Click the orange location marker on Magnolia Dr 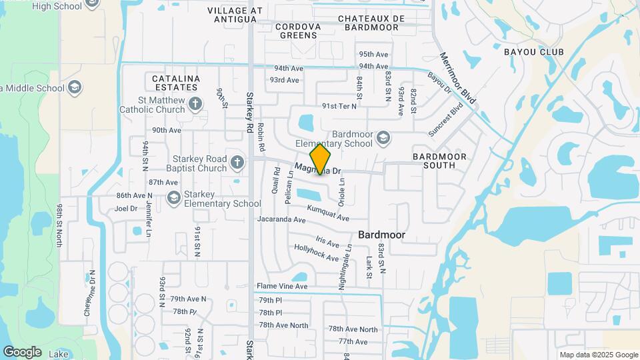pyautogui.click(x=321, y=159)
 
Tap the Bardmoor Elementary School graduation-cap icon pyautogui.click(x=383, y=137)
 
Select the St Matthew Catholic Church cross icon pyautogui.click(x=195, y=103)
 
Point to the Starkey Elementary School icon pyautogui.click(x=174, y=197)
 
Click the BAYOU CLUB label pyautogui.click(x=534, y=52)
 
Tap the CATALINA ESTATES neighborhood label pyautogui.click(x=176, y=83)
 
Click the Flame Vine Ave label pyautogui.click(x=282, y=286)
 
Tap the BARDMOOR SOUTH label pyautogui.click(x=439, y=161)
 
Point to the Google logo pyautogui.click(x=22, y=351)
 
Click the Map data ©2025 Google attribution pyautogui.click(x=598, y=355)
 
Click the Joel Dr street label pyautogui.click(x=126, y=208)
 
